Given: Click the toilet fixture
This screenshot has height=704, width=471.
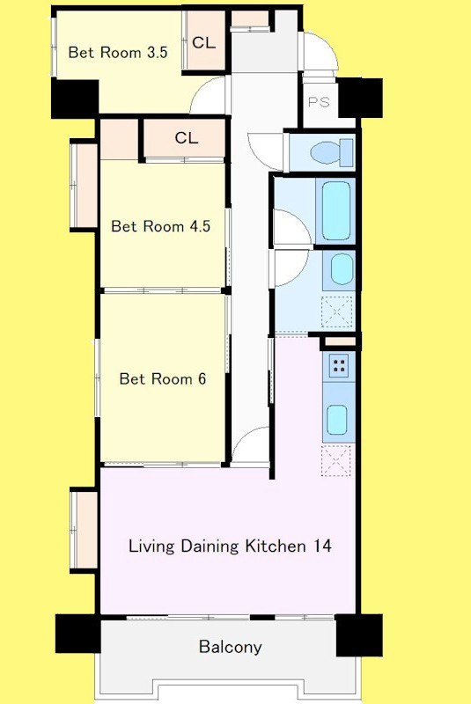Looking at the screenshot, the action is pos(331,151).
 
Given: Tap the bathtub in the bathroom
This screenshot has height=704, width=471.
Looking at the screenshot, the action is pos(335,210).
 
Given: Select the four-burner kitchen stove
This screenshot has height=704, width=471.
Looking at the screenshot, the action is pos(339,365).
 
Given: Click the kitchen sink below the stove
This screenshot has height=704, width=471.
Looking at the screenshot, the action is pos(337,420).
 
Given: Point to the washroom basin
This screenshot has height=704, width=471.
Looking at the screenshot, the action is pos(342,268).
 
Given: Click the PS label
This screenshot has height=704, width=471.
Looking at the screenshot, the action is pos(319,102).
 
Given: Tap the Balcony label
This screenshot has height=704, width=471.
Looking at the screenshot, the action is pos(230,647).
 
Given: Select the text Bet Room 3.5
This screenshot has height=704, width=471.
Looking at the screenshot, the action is pos(118,52).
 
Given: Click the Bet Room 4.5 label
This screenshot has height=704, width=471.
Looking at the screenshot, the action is pos(161,226).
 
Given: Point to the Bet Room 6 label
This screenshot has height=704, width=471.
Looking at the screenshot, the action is pos(163,379).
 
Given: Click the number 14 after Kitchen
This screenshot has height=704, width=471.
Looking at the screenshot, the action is pos(323,546).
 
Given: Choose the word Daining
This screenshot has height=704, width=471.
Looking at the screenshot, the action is pos(210,546).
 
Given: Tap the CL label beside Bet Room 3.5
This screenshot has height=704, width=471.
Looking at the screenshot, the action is pos(203,42).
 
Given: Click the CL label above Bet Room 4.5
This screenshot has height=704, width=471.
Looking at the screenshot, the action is pos(187,137).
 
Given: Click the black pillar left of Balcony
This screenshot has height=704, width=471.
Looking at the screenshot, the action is pos(77,633).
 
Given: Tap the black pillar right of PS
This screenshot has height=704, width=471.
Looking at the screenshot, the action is pos(360,98).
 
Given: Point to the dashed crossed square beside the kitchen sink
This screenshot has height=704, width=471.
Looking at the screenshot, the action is pos(336,460).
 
